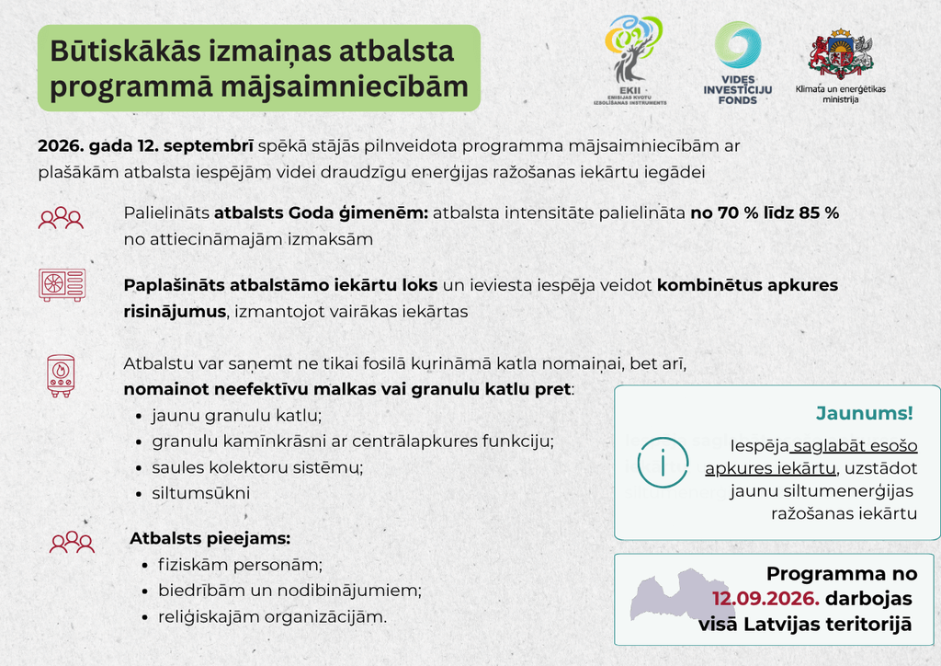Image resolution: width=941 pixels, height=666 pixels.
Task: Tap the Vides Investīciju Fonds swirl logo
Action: point(738,44)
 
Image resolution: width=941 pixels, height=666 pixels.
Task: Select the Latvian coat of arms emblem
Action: point(841,54)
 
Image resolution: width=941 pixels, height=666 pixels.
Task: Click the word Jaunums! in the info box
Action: point(864,413)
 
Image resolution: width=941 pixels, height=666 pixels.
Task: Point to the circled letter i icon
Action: point(663,463)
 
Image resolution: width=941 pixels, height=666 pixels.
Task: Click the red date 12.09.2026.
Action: point(765,599)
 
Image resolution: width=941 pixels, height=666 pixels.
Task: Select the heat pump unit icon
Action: point(62,284)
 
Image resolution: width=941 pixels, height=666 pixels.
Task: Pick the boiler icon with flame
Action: point(61,376)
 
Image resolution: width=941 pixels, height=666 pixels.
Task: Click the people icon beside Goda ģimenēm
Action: point(61,218)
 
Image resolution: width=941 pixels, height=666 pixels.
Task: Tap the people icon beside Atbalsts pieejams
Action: point(72,542)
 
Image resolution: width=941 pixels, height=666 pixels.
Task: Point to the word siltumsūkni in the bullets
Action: point(201,493)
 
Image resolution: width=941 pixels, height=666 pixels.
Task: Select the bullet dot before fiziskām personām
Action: point(144,566)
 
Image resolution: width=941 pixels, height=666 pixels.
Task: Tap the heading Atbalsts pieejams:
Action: point(210,538)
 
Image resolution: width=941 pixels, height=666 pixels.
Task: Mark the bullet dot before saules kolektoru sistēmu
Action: point(139,468)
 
